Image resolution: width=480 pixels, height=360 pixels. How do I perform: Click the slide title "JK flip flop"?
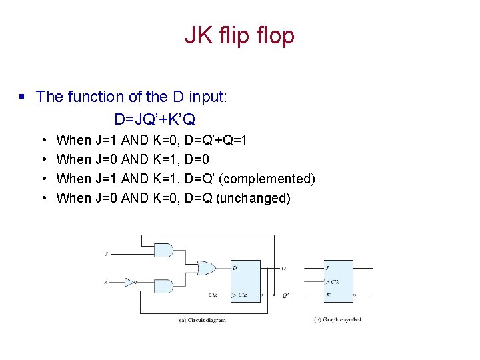(x=239, y=35)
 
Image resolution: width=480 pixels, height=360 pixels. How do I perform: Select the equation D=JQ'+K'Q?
(x=155, y=119)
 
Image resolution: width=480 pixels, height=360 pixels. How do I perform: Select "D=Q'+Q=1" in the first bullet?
(x=216, y=140)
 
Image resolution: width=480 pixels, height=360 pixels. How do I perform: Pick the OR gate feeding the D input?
(x=205, y=268)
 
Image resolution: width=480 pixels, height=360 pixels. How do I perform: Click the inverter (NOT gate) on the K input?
(x=129, y=282)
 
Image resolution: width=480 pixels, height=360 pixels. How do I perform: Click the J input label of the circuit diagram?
(x=107, y=254)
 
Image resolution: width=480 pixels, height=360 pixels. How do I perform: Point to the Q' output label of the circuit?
(x=285, y=294)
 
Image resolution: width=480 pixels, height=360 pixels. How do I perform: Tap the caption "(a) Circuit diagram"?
(x=203, y=321)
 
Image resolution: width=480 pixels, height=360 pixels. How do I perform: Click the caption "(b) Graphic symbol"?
(x=337, y=320)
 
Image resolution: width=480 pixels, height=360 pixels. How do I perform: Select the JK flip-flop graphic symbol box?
(x=339, y=281)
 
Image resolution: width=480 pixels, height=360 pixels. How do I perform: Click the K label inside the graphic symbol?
(x=328, y=295)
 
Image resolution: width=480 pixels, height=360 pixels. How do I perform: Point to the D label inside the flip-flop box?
(x=235, y=268)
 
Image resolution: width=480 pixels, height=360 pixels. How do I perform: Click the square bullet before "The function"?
(x=22, y=97)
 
